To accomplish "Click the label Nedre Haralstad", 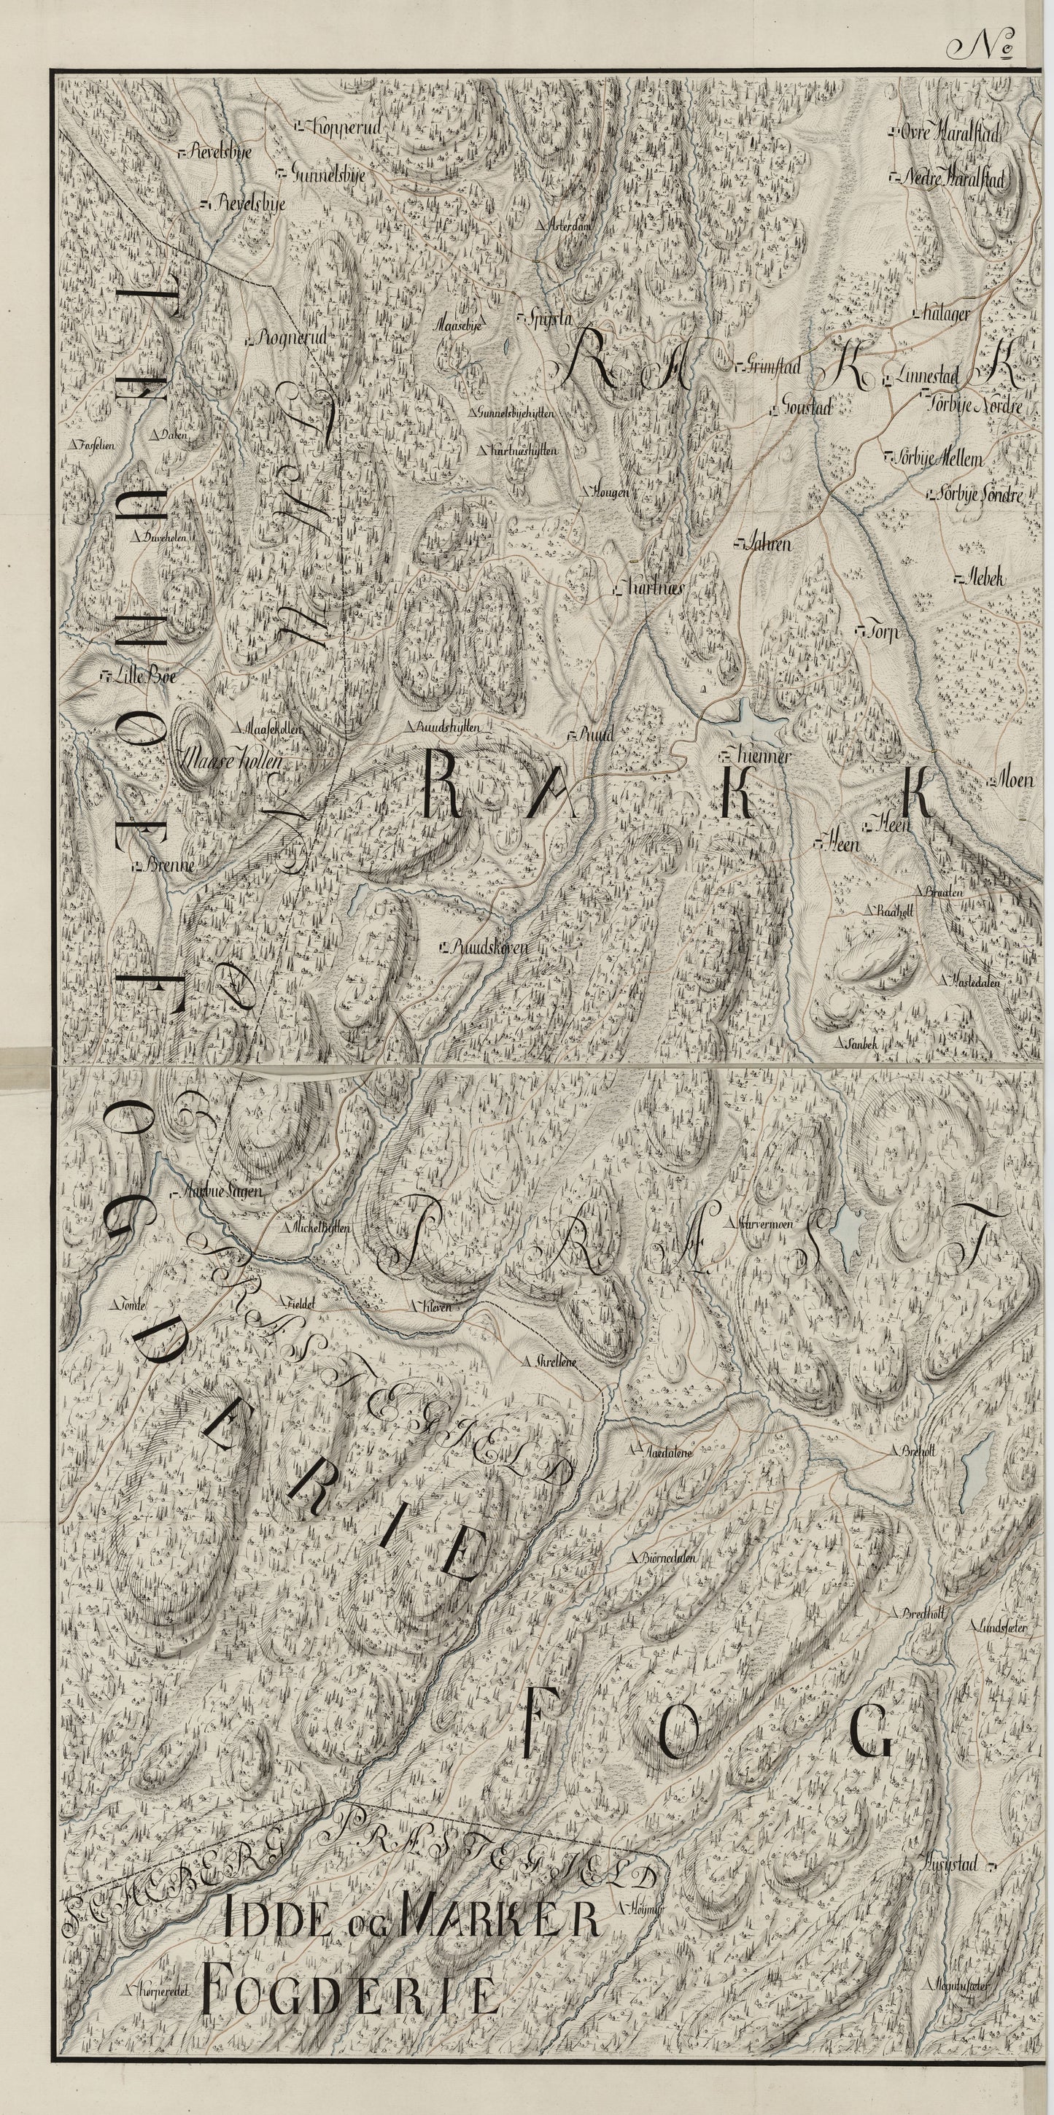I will (x=951, y=178).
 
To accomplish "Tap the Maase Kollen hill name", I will (x=234, y=761).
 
